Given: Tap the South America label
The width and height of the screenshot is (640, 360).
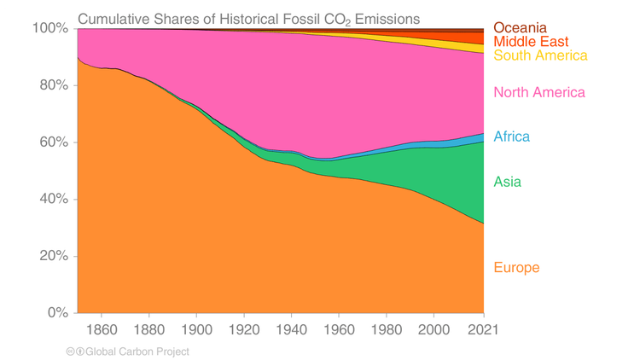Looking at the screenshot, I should click(x=541, y=55).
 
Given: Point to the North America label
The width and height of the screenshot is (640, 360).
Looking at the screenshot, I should click(x=539, y=92).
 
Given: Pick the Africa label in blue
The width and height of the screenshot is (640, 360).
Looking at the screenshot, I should click(x=511, y=136).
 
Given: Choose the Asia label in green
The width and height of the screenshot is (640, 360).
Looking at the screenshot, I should click(x=507, y=182).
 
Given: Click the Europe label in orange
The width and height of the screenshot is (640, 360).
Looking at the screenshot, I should click(x=516, y=268).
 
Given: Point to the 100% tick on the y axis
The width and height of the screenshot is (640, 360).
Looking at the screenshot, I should click(x=49, y=28).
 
